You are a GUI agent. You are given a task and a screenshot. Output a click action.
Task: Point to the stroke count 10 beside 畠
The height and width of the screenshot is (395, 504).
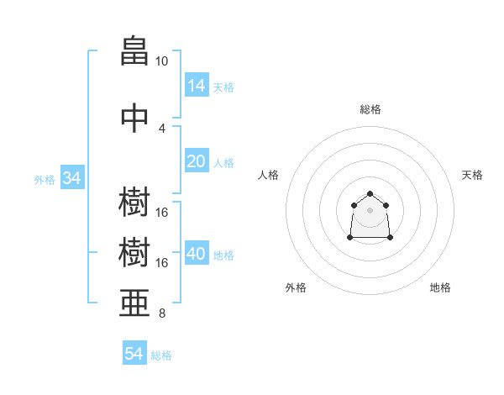(161, 61)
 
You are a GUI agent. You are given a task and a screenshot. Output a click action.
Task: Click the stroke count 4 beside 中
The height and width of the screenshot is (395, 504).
(161, 128)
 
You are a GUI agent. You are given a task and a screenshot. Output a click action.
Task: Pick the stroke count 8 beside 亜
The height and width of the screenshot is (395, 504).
(161, 314)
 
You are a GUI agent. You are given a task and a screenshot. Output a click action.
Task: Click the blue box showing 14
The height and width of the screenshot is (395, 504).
(196, 86)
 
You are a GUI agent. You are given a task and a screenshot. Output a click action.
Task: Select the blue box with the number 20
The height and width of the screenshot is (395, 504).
(196, 161)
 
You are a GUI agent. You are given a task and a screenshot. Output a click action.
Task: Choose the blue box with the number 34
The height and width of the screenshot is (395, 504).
(71, 178)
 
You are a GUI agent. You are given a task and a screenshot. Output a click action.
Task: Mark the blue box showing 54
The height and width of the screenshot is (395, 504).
(134, 354)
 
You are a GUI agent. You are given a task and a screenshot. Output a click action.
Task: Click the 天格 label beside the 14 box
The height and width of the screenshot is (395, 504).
(223, 87)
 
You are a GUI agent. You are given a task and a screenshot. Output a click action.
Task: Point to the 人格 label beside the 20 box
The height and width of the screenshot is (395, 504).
(223, 162)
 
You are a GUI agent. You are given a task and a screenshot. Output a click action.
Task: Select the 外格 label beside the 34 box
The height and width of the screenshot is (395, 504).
(45, 179)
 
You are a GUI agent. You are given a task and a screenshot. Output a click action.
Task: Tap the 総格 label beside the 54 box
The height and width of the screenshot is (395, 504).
(161, 355)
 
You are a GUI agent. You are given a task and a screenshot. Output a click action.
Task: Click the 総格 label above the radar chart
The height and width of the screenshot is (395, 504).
(370, 109)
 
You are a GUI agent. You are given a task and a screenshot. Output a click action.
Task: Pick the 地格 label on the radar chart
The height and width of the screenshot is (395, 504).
(440, 287)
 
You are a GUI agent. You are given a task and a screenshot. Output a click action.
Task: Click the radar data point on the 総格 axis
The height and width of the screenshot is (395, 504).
(370, 194)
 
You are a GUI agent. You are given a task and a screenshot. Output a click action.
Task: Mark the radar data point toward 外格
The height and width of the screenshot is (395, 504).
(350, 238)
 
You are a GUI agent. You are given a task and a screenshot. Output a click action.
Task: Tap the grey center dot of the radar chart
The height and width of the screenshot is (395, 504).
(370, 209)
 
